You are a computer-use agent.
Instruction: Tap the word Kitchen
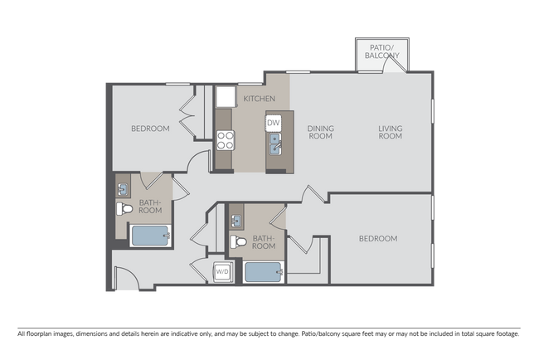259,100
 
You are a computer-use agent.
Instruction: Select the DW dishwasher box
274,123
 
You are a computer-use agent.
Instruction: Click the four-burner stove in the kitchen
225,141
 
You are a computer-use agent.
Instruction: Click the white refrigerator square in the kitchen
225,97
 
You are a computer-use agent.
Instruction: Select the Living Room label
390,132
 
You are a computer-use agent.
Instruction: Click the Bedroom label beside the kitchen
150,129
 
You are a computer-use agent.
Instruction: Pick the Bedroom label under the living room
377,239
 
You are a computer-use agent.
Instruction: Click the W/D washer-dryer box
221,270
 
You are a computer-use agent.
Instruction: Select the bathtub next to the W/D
264,271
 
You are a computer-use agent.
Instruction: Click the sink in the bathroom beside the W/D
236,221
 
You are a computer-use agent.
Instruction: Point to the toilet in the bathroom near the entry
124,207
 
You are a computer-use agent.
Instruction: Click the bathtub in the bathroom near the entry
150,236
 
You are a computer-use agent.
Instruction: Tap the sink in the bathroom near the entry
124,187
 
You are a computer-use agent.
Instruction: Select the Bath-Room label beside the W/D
264,241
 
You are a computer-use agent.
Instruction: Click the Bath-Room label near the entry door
150,207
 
